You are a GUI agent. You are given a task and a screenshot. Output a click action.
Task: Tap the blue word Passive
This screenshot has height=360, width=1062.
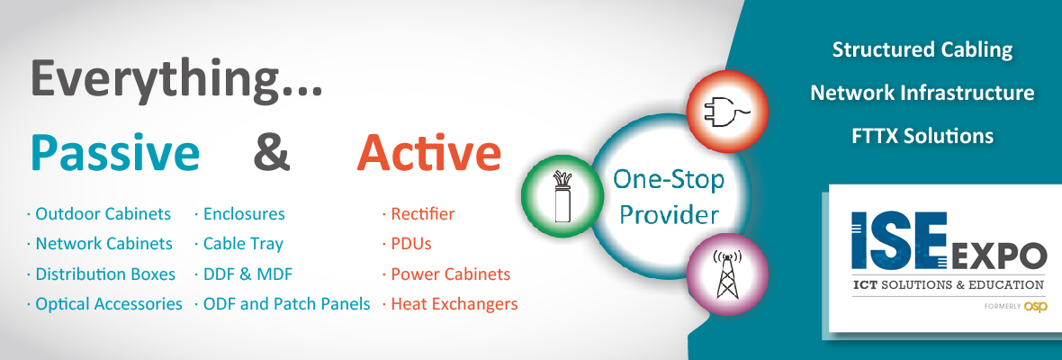115,155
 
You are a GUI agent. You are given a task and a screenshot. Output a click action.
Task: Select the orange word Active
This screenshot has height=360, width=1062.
429,153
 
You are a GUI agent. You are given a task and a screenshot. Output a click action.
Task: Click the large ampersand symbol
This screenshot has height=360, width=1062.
272,154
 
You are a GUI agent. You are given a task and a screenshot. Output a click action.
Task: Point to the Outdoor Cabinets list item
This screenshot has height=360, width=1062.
103,214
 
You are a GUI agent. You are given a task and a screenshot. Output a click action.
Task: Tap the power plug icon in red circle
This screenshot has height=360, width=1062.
727,112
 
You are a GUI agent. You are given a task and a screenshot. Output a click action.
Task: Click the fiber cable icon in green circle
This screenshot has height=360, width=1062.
560,197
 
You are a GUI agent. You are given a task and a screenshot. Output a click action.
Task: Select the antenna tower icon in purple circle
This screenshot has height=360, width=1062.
727,274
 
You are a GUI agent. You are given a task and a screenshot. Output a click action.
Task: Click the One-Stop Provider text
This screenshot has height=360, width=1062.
669,198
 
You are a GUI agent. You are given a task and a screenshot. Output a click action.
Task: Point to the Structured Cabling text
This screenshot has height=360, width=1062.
922,49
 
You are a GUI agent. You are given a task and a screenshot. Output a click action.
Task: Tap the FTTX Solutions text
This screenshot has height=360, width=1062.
922,135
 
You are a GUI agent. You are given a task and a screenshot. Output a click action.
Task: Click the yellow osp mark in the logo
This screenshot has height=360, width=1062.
1036,307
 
